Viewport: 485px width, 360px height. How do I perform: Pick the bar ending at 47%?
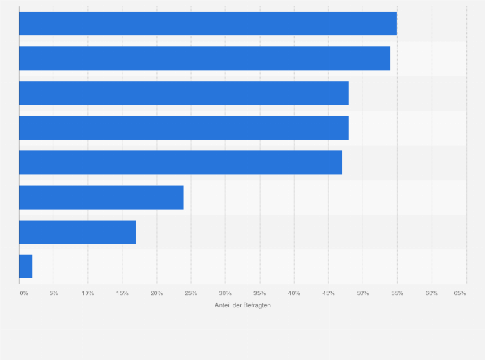coord(180,163)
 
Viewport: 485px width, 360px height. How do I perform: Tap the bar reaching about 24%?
coord(101,197)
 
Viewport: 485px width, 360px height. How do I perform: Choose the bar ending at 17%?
coord(77,232)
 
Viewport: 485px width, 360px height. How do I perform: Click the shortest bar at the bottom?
coord(26,266)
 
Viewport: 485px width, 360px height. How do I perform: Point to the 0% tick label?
coord(24,293)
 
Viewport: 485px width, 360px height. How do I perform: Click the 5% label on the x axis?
coord(54,293)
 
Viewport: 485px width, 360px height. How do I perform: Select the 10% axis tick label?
coord(88,293)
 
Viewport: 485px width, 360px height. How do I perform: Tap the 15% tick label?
coord(122,293)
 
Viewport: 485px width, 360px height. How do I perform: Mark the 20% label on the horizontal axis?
coord(156,293)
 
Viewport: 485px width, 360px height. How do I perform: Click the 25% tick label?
coord(191,293)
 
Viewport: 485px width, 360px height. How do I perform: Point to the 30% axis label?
coord(225,293)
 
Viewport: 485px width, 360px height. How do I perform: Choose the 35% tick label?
coord(260,293)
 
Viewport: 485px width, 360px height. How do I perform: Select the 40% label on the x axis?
coord(294,293)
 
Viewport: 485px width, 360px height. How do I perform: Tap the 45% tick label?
coord(329,293)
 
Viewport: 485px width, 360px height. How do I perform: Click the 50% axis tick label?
coord(363,293)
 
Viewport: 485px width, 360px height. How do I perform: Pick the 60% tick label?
coord(432,293)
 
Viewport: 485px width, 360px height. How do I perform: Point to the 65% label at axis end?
coord(459,293)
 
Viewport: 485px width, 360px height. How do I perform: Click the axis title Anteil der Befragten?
coord(243,305)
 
